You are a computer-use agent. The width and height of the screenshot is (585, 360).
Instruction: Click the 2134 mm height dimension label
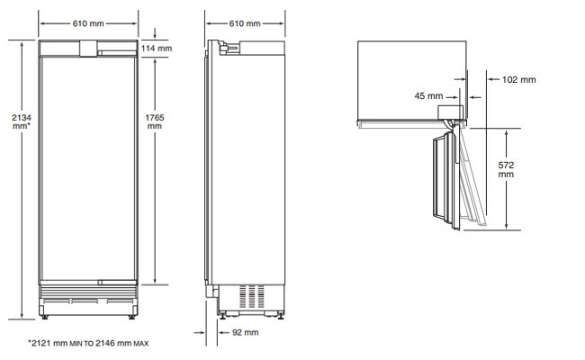pos(22,121)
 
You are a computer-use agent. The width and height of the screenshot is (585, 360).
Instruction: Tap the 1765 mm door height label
pos(155,121)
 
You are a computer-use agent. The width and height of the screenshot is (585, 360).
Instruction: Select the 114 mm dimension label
pos(157,49)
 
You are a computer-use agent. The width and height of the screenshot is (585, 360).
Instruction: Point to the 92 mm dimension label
pos(246,332)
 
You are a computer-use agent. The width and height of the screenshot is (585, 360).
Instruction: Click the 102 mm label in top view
pos(519,79)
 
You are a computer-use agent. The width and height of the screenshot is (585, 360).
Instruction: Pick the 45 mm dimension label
pos(428,96)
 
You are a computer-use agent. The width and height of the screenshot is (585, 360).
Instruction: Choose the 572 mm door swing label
pos(506,170)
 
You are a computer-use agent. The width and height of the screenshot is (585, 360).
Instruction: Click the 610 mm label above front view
pos(88,23)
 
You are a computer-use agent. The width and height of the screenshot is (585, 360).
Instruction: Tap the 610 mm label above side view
pos(245,23)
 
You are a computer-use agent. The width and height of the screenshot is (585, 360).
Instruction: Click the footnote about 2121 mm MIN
pos(88,343)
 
